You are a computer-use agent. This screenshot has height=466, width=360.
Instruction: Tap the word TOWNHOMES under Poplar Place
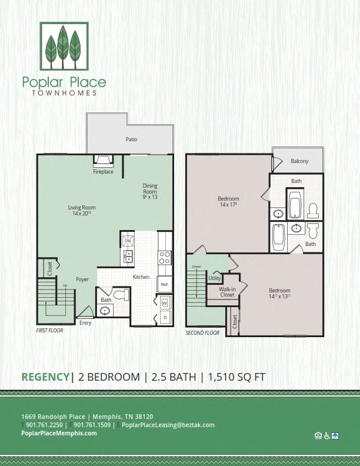pyautogui.click(x=64, y=93)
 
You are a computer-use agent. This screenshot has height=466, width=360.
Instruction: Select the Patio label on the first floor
pyautogui.click(x=130, y=140)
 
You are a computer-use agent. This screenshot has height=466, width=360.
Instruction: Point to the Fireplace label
pyautogui.click(x=103, y=172)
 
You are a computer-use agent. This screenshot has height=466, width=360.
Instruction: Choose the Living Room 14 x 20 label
pyautogui.click(x=82, y=211)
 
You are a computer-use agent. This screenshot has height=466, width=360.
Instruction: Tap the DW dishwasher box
pyautogui.click(x=128, y=241)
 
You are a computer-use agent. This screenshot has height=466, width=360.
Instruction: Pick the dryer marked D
pyautogui.click(x=164, y=318)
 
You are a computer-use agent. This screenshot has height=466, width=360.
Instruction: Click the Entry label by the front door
pyautogui.click(x=85, y=322)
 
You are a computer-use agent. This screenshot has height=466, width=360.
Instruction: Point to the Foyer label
pyautogui.click(x=82, y=279)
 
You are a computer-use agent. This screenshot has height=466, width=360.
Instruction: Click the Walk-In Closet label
pyautogui.click(x=227, y=292)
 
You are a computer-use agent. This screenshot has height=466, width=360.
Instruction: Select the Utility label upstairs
pyautogui.click(x=215, y=278)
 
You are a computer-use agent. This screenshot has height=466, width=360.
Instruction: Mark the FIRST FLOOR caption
pyautogui.click(x=49, y=331)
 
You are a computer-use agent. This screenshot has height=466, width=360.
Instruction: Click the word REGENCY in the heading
pyautogui.click(x=45, y=377)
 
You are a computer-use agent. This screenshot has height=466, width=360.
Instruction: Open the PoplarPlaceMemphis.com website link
pyautogui.click(x=58, y=433)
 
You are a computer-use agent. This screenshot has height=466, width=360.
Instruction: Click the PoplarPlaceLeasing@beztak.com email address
pyautogui.click(x=168, y=425)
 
